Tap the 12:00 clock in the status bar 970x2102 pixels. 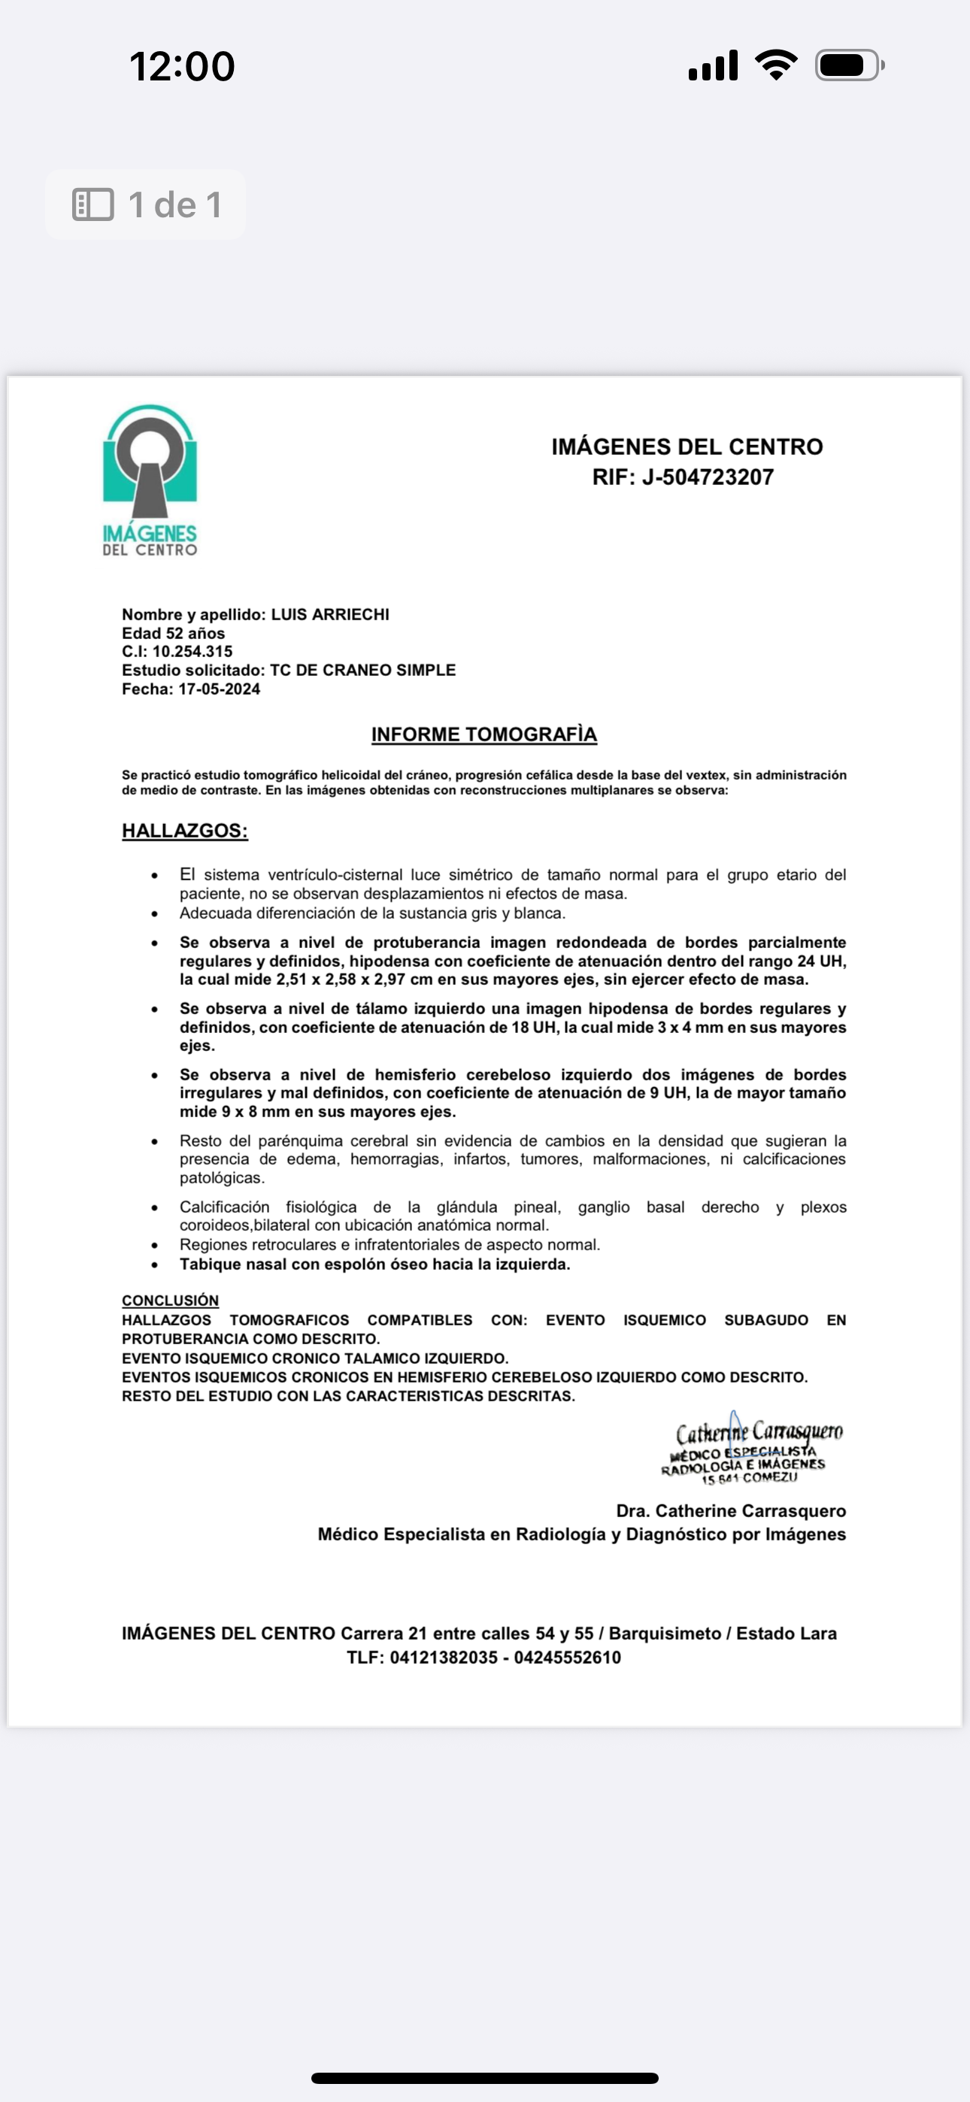tap(182, 66)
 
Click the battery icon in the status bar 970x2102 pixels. tap(848, 65)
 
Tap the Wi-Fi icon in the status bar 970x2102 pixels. tap(776, 65)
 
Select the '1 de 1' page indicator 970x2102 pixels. tap(146, 204)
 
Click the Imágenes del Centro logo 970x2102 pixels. tap(150, 480)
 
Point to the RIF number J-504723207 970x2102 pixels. tap(707, 477)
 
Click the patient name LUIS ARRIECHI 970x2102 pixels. tap(330, 614)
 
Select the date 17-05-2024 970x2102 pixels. tap(219, 689)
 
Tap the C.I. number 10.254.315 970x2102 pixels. tap(192, 651)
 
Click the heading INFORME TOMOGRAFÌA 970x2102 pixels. tap(484, 734)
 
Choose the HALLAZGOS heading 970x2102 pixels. tap(184, 831)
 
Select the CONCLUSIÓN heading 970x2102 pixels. tap(170, 1301)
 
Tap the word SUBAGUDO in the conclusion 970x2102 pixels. tap(766, 1320)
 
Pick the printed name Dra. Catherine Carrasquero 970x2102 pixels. tap(731, 1511)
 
